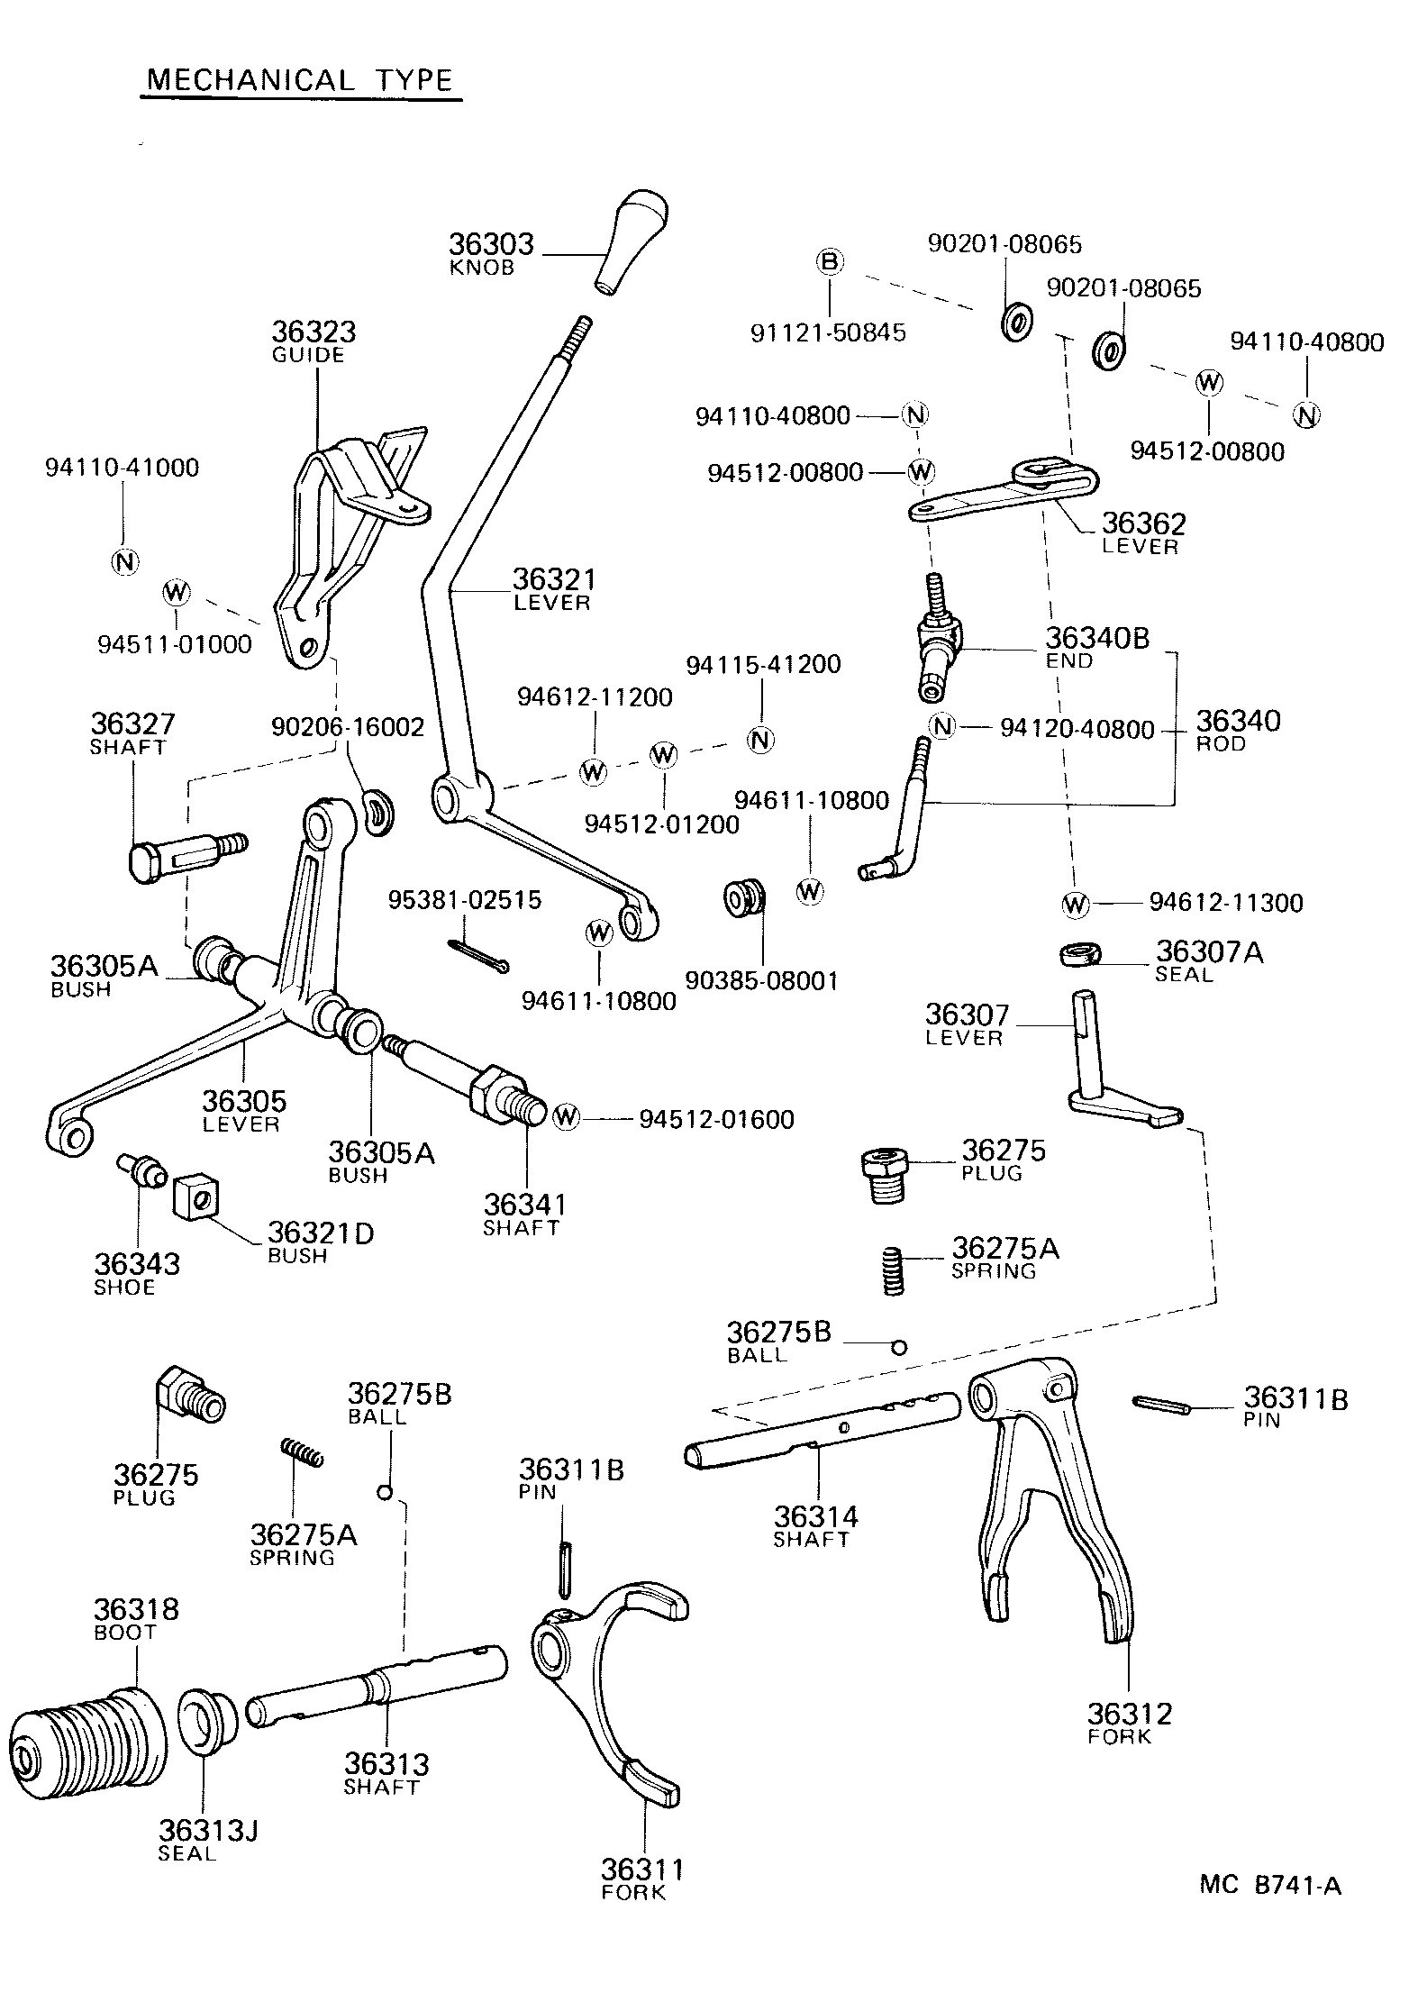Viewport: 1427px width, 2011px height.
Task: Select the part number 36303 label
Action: pos(491,244)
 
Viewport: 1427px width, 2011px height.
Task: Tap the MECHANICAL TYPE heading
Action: pos(300,80)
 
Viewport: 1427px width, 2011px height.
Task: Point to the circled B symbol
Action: pos(829,262)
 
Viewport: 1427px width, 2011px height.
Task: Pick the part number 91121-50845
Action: pos(828,332)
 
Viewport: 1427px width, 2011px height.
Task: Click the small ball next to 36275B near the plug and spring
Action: pos(898,1348)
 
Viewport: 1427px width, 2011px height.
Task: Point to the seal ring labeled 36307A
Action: pos(1079,954)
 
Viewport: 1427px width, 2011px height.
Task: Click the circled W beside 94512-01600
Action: pos(566,1116)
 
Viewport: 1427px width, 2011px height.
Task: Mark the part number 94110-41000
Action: pos(122,468)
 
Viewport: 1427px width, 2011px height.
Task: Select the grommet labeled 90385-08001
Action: pos(745,898)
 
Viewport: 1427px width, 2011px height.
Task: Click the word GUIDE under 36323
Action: pos(308,355)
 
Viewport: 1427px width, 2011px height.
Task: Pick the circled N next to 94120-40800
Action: pos(942,725)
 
